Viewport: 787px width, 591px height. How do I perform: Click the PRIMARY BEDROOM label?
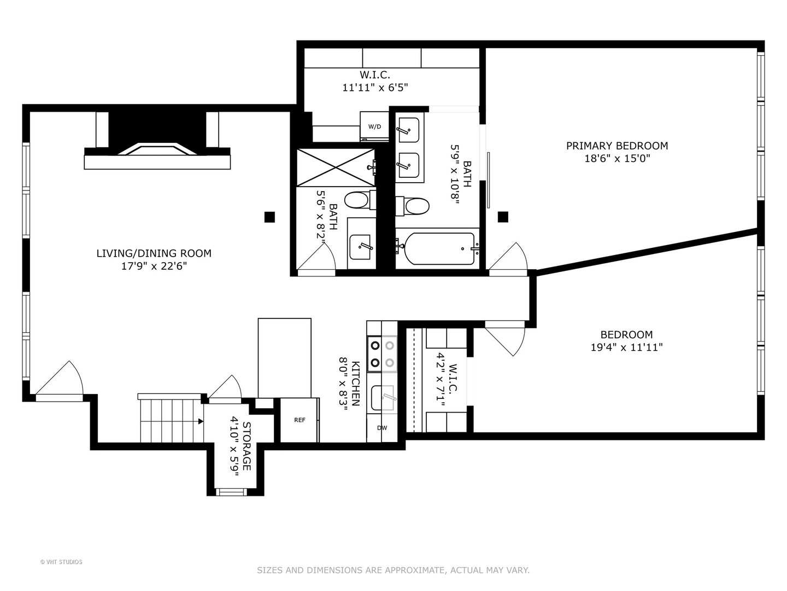click(616, 146)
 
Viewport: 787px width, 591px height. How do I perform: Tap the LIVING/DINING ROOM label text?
click(154, 253)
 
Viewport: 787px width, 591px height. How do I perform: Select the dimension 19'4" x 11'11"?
click(626, 347)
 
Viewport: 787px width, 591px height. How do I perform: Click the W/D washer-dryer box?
click(374, 126)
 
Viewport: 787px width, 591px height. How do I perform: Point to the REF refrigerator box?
click(299, 420)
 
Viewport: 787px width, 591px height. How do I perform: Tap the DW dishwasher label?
click(381, 428)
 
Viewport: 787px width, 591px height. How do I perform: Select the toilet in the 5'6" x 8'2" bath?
click(358, 200)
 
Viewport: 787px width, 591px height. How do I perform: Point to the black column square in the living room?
click(269, 217)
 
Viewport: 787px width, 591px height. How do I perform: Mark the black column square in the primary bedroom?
click(503, 217)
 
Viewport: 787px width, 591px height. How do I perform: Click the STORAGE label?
click(246, 446)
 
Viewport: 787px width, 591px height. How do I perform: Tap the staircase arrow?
click(201, 421)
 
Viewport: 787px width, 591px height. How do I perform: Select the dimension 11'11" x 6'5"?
click(375, 87)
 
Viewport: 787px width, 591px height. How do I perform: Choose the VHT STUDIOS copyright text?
click(61, 562)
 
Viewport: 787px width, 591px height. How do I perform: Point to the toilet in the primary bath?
click(416, 206)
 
